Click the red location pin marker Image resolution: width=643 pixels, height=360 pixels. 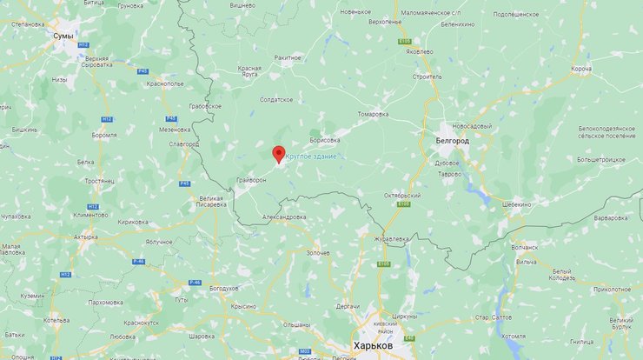point(278,155)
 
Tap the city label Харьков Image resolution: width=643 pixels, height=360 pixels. point(373,345)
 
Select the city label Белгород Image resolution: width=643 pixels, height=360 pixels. point(451,140)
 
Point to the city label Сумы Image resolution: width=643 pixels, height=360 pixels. point(63,36)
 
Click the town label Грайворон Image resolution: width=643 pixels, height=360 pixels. point(251,181)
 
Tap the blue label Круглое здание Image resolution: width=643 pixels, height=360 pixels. point(311,156)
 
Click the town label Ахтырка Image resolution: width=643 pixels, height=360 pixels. point(85,236)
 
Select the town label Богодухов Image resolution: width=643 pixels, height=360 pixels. point(223,287)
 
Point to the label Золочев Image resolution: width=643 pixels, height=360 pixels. point(318,253)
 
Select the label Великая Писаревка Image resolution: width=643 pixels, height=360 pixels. point(211,202)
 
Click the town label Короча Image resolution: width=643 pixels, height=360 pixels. point(581,69)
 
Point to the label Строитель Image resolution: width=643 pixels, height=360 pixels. point(428,77)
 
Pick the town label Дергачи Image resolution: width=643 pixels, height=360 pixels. point(348,306)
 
